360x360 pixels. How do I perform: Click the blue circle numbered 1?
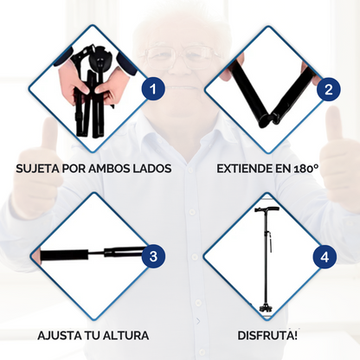point(153,89)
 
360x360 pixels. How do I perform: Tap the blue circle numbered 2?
point(329,89)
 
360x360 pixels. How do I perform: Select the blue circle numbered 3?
point(153,256)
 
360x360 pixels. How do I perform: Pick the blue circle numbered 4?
point(325,257)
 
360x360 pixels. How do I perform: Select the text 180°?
point(306,169)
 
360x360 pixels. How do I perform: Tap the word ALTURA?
point(126,336)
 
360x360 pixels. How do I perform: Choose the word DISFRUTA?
point(267,336)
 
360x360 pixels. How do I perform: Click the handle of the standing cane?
point(267,209)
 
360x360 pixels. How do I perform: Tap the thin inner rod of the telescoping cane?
point(96,254)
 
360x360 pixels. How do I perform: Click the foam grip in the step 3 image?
point(64,255)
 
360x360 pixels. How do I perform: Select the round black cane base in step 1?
point(100,62)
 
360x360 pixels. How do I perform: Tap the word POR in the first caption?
point(74,169)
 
